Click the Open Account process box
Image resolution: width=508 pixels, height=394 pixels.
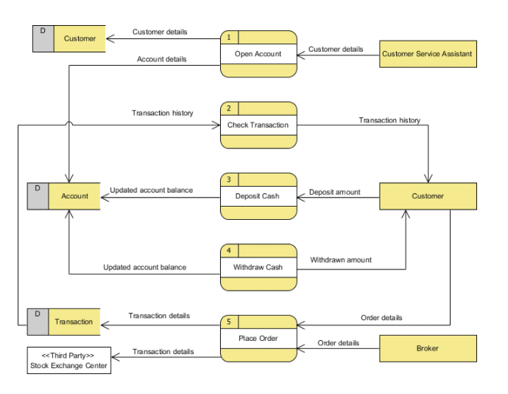pos(258,54)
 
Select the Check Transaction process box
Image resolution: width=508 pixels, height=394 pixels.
pos(258,125)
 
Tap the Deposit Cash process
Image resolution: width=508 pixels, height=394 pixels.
pos(258,196)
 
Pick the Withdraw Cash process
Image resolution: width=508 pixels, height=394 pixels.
pos(258,267)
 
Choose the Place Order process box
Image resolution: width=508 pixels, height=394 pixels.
pos(258,339)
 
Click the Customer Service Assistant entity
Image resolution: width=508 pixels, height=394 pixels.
pos(427,54)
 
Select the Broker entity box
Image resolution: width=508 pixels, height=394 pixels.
pos(427,348)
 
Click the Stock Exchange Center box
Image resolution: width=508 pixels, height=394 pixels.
pos(68,361)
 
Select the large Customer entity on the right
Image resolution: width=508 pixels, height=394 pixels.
pos(427,196)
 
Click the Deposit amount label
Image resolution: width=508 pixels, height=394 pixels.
pos(334,192)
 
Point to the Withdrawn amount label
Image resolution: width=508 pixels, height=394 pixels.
pos(340,260)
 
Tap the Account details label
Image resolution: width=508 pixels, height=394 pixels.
pos(161,59)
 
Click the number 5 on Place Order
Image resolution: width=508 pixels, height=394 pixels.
pos(229,322)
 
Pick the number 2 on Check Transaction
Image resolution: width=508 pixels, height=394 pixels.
pos(229,108)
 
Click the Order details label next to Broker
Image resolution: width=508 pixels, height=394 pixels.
pos(338,343)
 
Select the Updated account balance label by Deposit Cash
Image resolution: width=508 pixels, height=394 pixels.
pos(151,190)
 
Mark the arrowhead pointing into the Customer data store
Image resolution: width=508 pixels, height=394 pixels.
pos(109,38)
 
